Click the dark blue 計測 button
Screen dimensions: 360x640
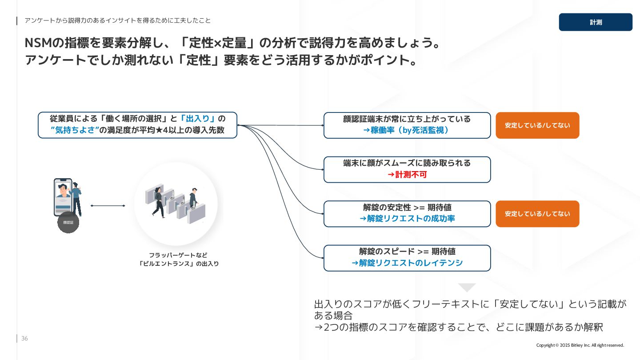(595, 22)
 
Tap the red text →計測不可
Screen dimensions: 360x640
(407, 175)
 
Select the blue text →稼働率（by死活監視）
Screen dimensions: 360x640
(407, 130)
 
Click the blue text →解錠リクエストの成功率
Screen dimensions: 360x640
(407, 219)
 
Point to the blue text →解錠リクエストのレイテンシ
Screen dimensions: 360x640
(407, 263)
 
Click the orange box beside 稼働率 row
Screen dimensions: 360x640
(537, 125)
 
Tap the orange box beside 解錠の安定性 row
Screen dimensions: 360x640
(537, 214)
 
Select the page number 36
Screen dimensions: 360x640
(24, 339)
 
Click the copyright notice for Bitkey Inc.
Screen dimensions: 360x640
(580, 345)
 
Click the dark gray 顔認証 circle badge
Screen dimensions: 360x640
(68, 222)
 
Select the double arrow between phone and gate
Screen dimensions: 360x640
(108, 206)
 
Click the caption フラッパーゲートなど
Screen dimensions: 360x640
(178, 255)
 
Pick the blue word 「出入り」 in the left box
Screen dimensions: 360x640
(198, 119)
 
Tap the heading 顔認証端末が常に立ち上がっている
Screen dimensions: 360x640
(407, 119)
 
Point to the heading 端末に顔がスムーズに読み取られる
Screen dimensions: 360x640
(407, 163)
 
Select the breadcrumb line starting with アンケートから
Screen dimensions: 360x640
(117, 20)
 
